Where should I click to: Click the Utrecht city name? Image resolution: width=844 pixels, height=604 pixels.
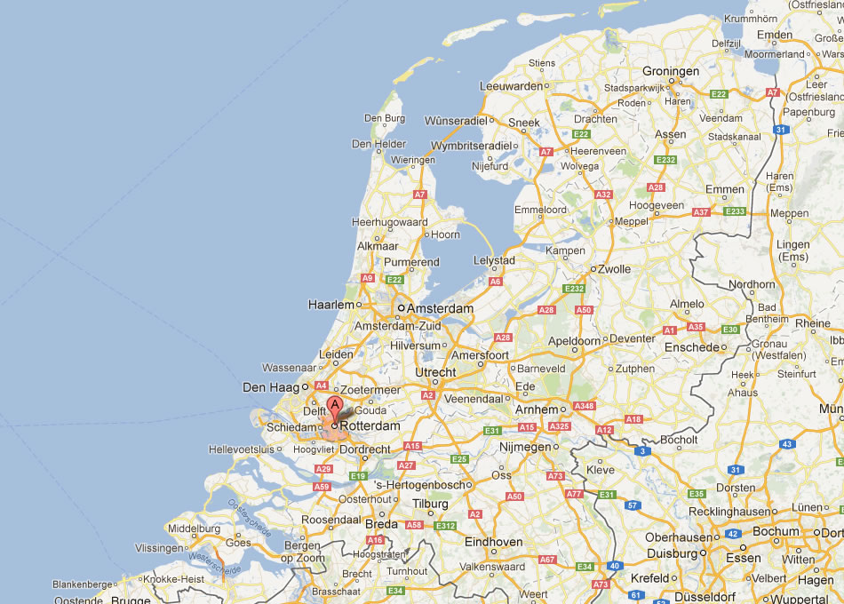(x=435, y=372)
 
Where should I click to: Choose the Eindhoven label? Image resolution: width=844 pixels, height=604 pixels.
(x=494, y=542)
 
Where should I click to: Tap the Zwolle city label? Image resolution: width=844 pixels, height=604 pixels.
(x=614, y=269)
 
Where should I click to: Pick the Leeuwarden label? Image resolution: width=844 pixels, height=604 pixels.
(x=511, y=86)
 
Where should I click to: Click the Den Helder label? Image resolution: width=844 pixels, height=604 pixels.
(x=378, y=144)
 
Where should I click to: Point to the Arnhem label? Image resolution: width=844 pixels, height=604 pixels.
(x=536, y=409)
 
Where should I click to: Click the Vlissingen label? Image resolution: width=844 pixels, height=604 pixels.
(x=160, y=549)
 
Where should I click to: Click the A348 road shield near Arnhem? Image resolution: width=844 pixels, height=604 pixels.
(x=584, y=406)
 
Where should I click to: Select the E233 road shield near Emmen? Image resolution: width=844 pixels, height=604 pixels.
(x=735, y=211)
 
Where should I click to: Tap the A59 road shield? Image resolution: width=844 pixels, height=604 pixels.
(x=322, y=487)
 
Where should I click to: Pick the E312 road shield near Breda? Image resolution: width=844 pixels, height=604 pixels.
(x=444, y=526)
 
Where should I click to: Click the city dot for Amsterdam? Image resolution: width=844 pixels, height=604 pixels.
(x=401, y=308)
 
